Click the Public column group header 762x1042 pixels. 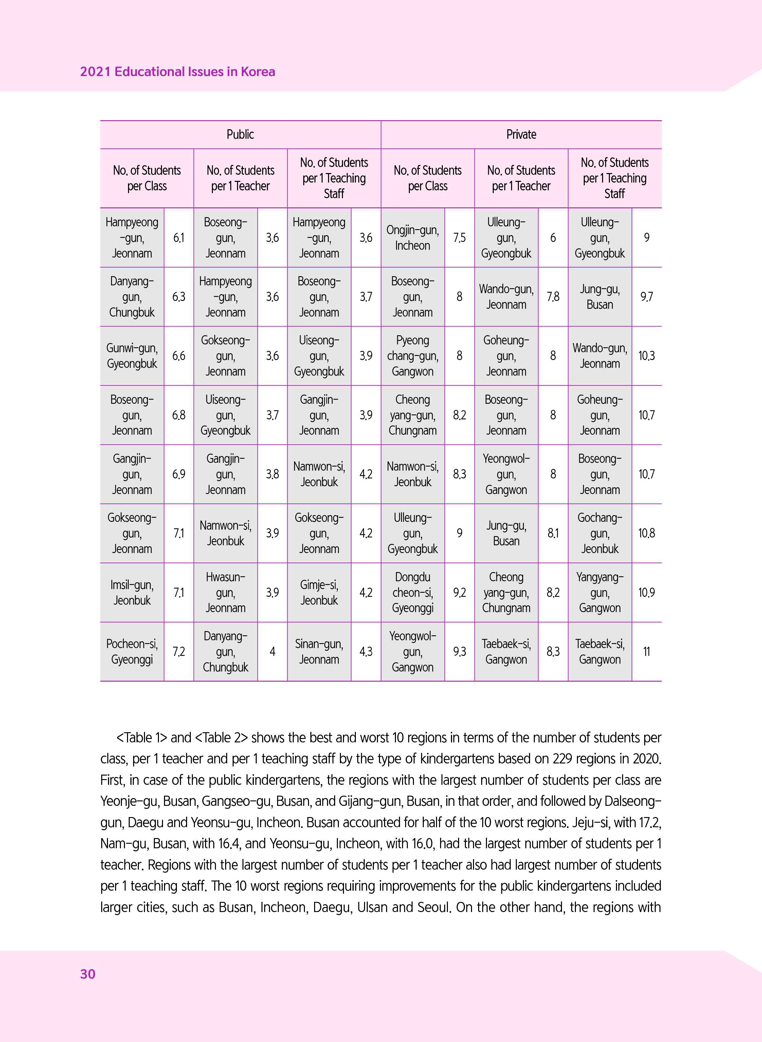(x=240, y=135)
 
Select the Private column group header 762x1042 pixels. (x=521, y=135)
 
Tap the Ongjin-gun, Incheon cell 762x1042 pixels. (x=412, y=238)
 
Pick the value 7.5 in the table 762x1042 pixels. (x=459, y=238)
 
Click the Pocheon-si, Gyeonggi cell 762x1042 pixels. (x=132, y=652)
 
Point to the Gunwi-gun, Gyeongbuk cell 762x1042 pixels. (x=132, y=356)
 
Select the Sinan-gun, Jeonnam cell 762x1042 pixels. (x=319, y=652)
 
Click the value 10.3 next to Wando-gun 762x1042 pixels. (x=646, y=356)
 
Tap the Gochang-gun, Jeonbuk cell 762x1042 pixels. (x=600, y=533)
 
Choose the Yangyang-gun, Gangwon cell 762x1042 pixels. (x=600, y=593)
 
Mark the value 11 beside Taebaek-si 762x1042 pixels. (x=646, y=652)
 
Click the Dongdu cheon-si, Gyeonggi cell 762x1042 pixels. (x=412, y=593)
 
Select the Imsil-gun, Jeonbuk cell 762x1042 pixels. (x=132, y=593)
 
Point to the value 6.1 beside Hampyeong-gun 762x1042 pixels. (x=179, y=238)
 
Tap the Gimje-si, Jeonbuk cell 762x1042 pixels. (x=319, y=593)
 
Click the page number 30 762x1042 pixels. (x=88, y=974)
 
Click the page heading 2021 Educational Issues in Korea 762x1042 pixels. (x=178, y=72)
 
